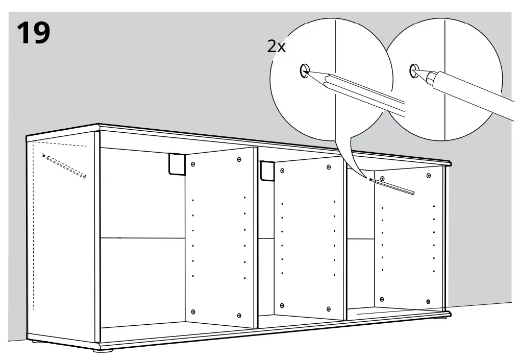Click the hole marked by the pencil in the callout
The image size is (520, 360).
point(304,70)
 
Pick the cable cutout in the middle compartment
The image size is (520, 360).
point(267,171)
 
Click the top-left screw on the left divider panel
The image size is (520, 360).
point(194,164)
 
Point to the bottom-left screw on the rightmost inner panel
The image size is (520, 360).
point(382,299)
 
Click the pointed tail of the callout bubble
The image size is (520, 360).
point(366,178)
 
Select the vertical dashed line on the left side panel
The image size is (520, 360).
point(34,230)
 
